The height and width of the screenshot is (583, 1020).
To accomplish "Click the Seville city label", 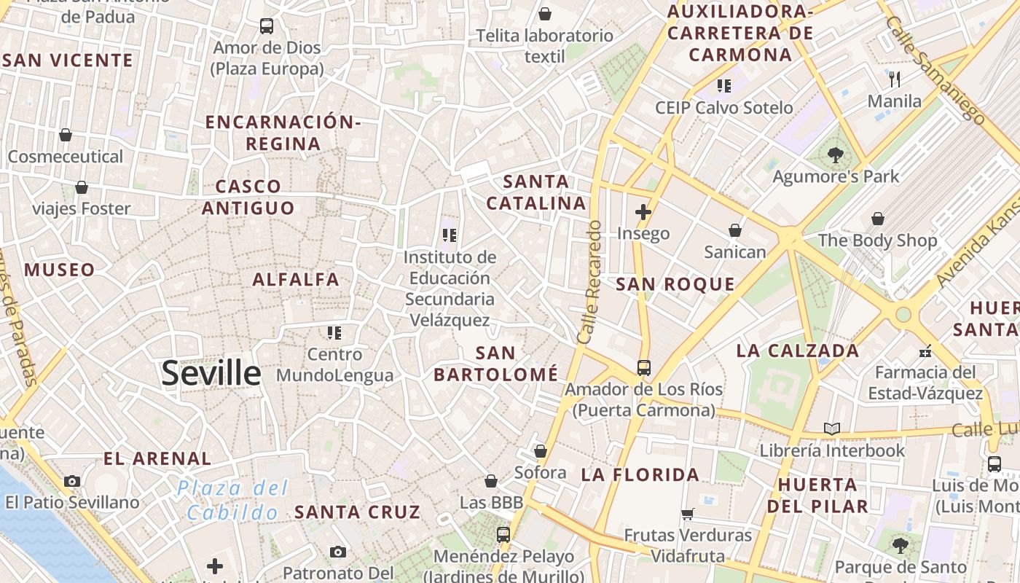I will click(211, 373).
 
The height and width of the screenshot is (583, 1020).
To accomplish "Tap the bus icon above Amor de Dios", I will click(267, 26).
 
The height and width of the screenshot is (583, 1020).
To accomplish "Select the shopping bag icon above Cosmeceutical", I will click(66, 135).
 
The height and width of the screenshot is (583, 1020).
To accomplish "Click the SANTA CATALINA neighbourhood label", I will click(536, 192).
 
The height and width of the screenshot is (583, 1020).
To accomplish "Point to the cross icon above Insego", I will click(643, 212).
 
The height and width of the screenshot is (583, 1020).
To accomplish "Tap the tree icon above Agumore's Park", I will click(835, 154).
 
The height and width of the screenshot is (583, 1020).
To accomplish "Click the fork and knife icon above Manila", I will click(895, 79).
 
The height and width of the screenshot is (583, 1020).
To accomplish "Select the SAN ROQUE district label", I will click(675, 284).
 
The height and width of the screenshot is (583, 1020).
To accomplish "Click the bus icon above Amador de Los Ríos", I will click(643, 367).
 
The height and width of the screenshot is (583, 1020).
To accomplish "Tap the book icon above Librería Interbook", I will click(832, 429).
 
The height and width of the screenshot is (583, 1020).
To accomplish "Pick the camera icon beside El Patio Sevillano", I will click(72, 481).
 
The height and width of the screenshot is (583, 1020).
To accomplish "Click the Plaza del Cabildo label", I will click(232, 500).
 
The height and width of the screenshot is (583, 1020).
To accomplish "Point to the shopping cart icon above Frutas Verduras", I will click(687, 514).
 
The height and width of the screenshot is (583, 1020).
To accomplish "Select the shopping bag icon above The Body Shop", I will click(878, 218).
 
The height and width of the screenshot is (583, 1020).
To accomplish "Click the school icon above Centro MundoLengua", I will click(334, 333).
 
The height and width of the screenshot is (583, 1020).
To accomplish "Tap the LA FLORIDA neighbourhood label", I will click(640, 475).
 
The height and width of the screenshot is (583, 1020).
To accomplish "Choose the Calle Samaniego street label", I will click(935, 69).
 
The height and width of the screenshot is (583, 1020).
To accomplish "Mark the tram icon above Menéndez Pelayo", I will click(503, 535).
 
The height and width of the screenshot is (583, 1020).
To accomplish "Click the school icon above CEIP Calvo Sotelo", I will click(723, 85).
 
